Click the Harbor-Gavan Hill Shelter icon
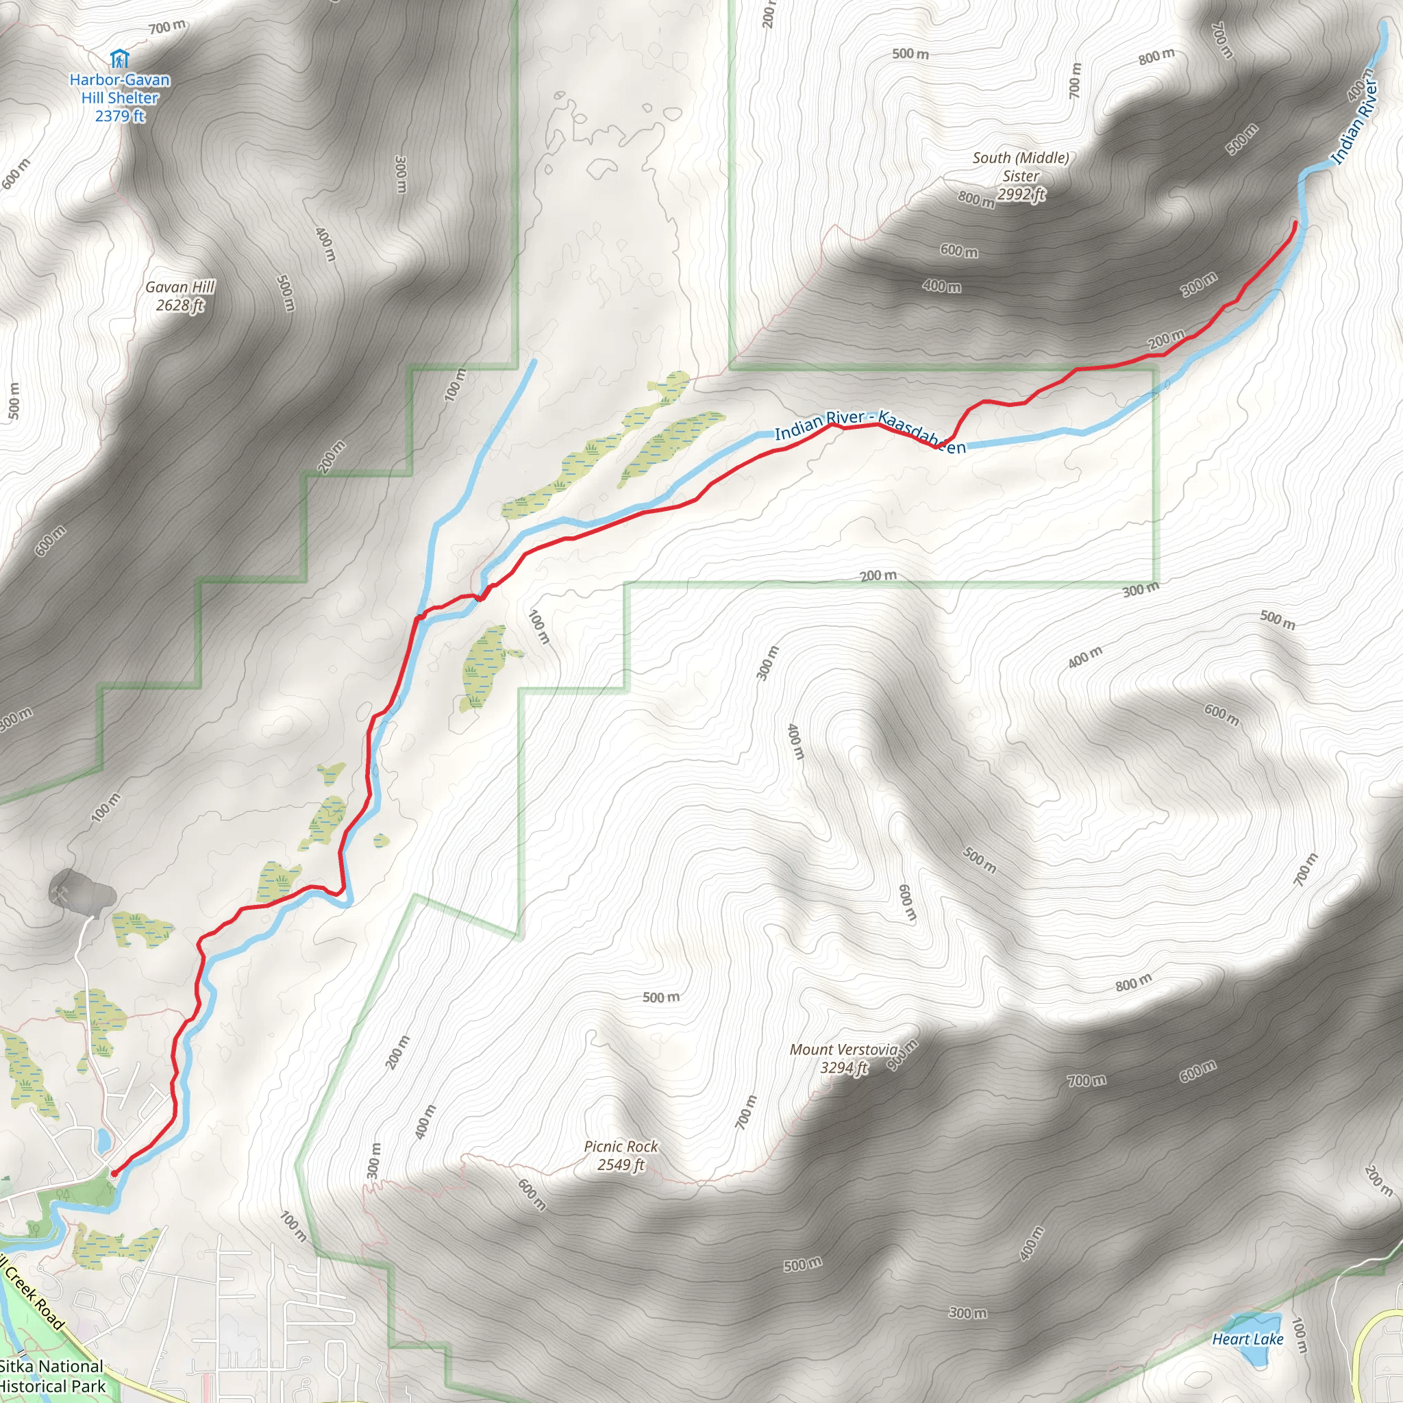click(119, 58)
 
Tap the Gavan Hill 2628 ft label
click(180, 296)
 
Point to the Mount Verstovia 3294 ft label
click(843, 1058)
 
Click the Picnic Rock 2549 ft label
click(621, 1154)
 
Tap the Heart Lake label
click(1247, 1339)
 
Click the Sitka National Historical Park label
click(52, 1376)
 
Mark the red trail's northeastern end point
click(1295, 222)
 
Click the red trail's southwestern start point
click(114, 1173)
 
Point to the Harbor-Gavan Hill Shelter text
click(120, 97)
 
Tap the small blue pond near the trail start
click(104, 1140)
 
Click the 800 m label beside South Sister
click(976, 198)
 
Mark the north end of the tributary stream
click(534, 361)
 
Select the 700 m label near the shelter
click(168, 27)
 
